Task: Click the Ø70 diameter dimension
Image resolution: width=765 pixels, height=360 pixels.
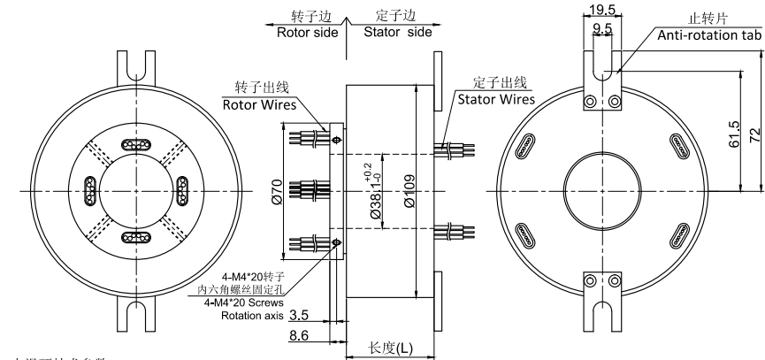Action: pos(277,188)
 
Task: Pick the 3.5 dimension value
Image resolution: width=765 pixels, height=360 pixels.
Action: pos(299,314)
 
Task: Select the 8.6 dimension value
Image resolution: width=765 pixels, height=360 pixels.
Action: pos(299,336)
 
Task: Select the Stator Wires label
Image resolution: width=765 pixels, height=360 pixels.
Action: pos(495,99)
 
